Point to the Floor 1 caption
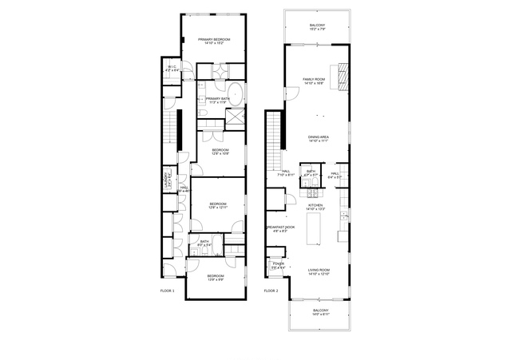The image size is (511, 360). [x=167, y=291]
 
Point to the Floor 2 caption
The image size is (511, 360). [x=271, y=291]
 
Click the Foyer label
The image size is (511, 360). [x=278, y=266]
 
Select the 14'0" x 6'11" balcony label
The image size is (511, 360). [x=320, y=312]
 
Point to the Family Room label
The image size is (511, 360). [x=314, y=81]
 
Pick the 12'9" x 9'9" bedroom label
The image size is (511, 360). [x=216, y=278]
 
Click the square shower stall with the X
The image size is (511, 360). [x=236, y=117]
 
